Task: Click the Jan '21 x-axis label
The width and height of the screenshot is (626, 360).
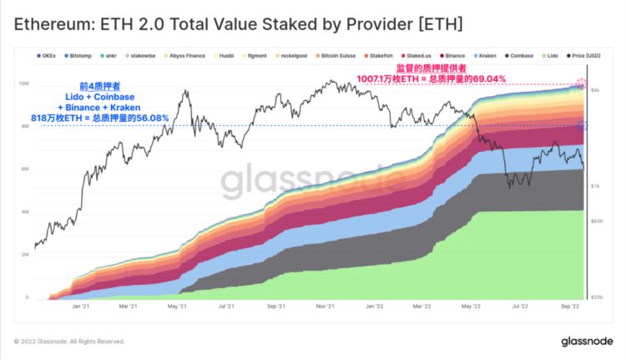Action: (81, 307)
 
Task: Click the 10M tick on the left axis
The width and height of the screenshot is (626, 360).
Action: (24, 84)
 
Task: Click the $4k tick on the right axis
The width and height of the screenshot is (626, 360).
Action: (597, 89)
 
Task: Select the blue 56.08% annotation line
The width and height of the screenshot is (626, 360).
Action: (334, 126)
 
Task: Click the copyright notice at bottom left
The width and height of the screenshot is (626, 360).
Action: (69, 341)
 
